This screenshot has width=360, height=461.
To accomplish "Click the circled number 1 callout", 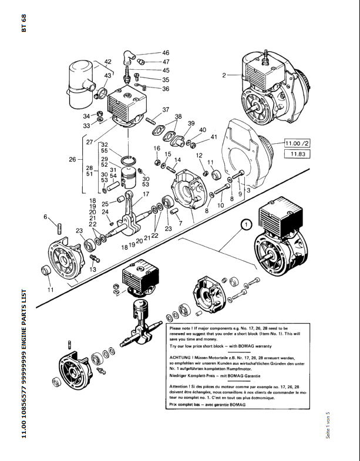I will pos(245,224).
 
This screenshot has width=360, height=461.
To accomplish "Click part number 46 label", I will pos(166,53).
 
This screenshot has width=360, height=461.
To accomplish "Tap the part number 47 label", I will pos(166,62).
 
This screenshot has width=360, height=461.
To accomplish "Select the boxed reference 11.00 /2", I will pos(297,143).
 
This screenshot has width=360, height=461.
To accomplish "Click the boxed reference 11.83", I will pos(297,154).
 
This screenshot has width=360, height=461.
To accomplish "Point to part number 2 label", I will pos(224,75).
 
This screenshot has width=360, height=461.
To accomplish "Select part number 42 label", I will pos(107,62).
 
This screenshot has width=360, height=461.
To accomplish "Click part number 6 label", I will pos(45,217).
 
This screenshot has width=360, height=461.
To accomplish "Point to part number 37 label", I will pos(166,110).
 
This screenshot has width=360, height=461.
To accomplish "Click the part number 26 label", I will pos(72,159).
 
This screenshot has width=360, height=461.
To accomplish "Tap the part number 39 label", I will pos(191,123).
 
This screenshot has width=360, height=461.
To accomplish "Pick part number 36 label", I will pos(166,89).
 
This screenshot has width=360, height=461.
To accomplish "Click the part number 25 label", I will pos(105,204).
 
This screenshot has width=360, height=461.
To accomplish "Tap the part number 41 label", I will pos(214,137).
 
